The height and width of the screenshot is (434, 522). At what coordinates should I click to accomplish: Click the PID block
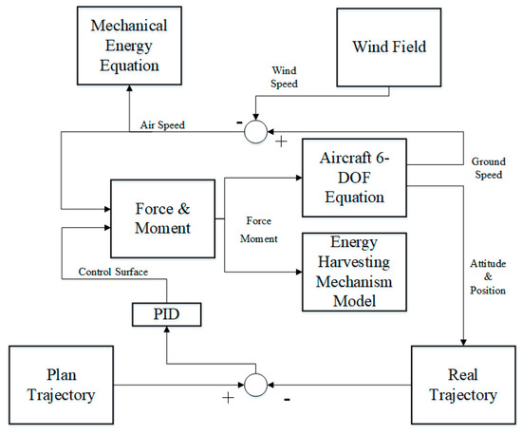(x=166, y=311)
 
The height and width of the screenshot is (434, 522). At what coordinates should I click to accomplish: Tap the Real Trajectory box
(x=462, y=384)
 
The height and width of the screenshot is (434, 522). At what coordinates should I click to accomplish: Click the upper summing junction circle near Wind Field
(x=256, y=132)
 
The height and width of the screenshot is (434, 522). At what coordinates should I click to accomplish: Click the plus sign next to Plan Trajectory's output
(x=228, y=396)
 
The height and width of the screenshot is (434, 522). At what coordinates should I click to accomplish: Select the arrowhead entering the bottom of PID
(x=166, y=329)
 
